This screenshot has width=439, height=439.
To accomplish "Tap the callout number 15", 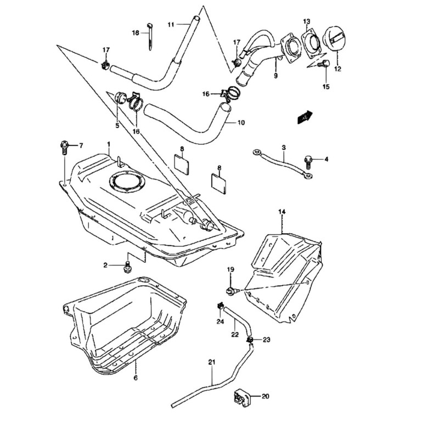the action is [326, 87].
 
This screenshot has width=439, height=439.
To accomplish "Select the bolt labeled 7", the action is [64, 148].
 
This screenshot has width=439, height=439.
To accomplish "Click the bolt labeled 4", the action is [308, 162].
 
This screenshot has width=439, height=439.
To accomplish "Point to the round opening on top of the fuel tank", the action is [128, 182].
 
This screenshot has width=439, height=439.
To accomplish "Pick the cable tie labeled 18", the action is [150, 37].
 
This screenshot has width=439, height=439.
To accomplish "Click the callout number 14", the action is [282, 212].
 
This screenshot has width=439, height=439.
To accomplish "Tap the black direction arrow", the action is [305, 117].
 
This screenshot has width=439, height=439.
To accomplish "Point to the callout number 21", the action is [212, 362].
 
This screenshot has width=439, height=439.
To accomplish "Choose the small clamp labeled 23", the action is [250, 340].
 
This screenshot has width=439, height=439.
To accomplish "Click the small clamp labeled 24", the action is [220, 306].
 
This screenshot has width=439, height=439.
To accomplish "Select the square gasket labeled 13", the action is [311, 43].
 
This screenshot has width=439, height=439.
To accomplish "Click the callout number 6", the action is [136, 378].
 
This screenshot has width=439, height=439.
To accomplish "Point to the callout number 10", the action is [241, 122].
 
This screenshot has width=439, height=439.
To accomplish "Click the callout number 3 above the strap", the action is [284, 147].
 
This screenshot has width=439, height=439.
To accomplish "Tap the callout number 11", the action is [171, 25].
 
